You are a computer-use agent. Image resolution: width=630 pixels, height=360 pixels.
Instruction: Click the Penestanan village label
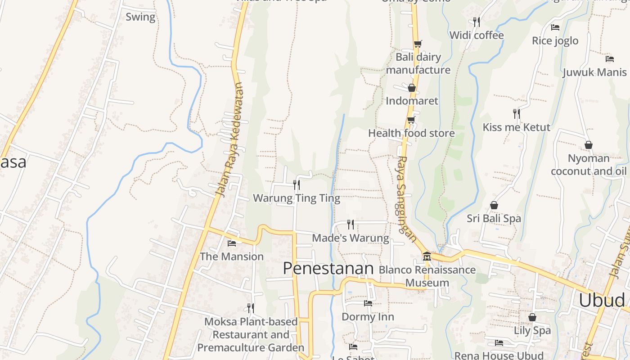coord(328,269)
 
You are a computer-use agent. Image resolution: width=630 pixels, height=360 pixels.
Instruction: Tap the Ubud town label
coord(602,300)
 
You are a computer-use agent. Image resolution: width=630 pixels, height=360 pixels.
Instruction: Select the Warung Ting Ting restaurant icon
coord(296,184)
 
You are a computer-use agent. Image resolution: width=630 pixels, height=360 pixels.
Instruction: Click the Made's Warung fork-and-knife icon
coord(350,224)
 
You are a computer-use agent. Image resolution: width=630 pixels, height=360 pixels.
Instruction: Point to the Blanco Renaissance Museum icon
coord(427,256)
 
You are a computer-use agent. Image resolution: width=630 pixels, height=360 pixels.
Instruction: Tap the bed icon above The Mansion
coord(232,243)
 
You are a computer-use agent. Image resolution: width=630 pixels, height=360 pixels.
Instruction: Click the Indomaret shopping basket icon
coord(411,88)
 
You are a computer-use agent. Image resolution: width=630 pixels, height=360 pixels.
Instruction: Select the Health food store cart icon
coord(411,120)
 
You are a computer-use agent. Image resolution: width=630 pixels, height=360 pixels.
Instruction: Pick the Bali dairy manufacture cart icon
coord(418,44)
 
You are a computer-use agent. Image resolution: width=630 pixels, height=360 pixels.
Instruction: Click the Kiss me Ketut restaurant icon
coord(516,113)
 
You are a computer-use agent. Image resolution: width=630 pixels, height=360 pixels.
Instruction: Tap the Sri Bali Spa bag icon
coord(494,205)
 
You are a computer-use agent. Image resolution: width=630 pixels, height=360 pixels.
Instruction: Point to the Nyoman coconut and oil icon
coord(588,145)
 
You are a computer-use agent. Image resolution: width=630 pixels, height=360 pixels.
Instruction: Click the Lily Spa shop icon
coord(532,317)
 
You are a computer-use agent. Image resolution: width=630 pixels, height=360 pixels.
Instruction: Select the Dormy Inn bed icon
coord(368,303)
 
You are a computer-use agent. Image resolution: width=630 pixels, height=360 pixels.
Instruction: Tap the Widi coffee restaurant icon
coord(476,22)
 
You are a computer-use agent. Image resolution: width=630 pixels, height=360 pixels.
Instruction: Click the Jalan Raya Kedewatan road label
coord(229,139)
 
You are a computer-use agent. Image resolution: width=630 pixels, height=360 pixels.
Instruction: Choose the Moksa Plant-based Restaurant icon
coord(251,308)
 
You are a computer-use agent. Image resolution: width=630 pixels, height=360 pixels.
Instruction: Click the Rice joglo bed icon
coord(555,27)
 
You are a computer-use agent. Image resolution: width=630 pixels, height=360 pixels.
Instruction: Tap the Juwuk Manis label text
coord(594,72)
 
